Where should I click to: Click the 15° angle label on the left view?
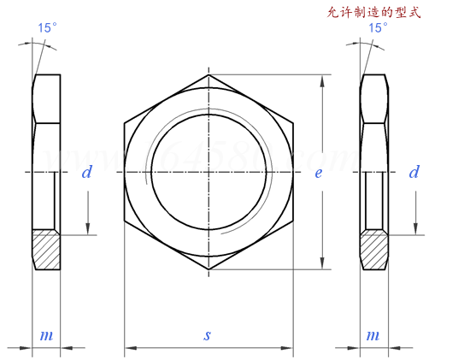pos(48,27)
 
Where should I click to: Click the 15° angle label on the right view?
pos(377,27)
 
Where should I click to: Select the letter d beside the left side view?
pos(86,173)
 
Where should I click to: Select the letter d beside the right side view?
pos(414,173)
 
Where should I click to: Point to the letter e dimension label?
pos(318,173)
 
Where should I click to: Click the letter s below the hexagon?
pos(207,335)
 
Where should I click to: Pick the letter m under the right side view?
pos(373,335)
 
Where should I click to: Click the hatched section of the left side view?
pos(47,249)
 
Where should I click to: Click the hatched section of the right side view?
pos(374,249)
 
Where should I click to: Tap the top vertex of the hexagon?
pos(209,75)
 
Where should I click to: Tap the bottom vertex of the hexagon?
pos(209,269)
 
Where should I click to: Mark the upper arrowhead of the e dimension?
pos(322,81)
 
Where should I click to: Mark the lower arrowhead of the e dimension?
pos(322,263)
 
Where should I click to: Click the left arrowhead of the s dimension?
pos(131,348)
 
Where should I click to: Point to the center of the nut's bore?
pos(209,172)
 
